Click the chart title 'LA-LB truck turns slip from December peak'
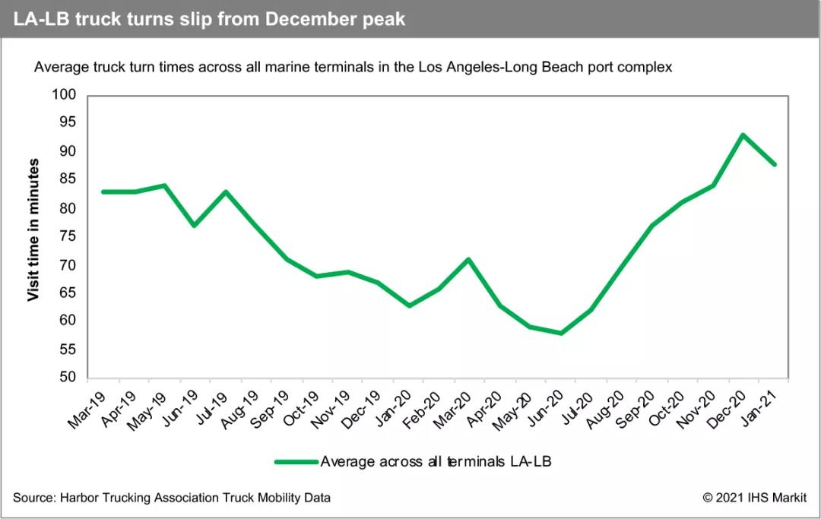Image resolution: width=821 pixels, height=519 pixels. point(209,19)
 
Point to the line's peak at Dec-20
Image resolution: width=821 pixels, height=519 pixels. point(742,135)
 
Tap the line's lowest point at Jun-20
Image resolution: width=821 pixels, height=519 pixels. point(560,333)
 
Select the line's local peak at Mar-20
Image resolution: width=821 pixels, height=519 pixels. point(469,259)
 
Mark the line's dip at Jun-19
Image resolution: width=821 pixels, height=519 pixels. point(195,225)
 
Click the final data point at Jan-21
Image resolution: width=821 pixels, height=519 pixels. point(773,164)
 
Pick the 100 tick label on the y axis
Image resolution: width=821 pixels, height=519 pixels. point(65,95)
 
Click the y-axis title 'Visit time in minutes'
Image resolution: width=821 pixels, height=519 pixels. point(33,229)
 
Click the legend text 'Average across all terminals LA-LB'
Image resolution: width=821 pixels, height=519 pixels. point(434,461)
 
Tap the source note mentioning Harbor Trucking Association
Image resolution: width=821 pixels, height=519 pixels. point(172,498)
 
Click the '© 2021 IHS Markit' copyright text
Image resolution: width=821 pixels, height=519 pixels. point(754,498)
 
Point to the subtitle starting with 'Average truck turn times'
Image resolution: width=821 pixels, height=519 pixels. point(353,67)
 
